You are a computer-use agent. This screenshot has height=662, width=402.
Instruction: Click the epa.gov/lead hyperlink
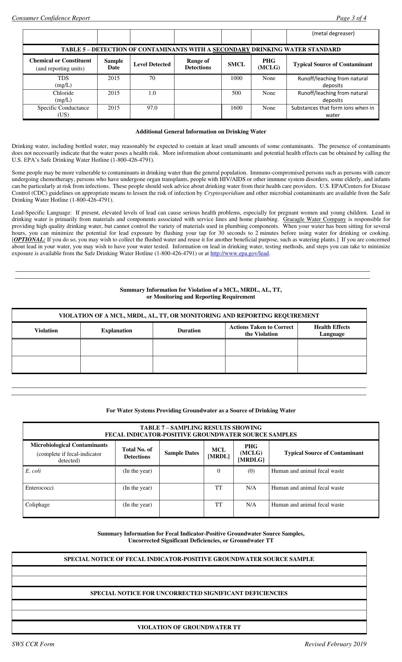239,253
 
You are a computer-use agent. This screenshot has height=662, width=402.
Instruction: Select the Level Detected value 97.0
152,108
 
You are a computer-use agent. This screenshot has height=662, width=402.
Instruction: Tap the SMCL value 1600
236,108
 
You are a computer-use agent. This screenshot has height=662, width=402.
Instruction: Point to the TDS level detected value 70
152,78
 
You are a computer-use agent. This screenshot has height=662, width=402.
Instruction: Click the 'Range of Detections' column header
198,64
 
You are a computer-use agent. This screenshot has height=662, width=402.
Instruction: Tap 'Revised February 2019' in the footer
335,644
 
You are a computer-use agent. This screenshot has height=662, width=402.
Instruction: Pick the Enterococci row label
39,488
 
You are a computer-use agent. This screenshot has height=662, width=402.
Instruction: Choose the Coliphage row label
37,505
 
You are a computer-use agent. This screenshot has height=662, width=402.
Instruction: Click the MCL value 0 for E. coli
219,471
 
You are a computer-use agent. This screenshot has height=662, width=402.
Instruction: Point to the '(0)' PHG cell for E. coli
251,471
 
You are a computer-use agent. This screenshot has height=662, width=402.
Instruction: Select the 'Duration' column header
189,330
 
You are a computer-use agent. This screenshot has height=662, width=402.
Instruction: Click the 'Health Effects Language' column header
332,330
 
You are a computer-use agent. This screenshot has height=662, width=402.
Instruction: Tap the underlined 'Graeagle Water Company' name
314,219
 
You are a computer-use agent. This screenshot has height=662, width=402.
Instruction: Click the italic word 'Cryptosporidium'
224,193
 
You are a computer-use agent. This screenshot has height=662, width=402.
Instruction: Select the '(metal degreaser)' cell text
333,33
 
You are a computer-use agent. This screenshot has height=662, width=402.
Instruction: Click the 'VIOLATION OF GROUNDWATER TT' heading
189,627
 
